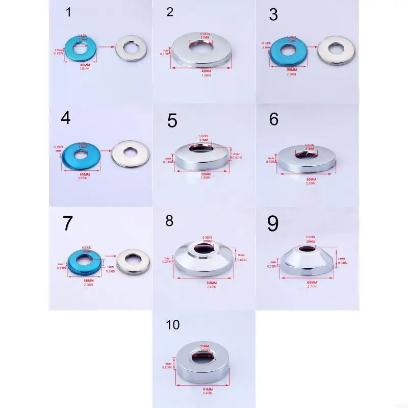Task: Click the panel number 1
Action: tap(69, 13)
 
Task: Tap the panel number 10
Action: tap(173, 325)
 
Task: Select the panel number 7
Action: tap(68, 224)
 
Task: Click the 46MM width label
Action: tap(84, 64)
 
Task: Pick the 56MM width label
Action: tap(291, 69)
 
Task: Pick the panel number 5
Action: tap(172, 121)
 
